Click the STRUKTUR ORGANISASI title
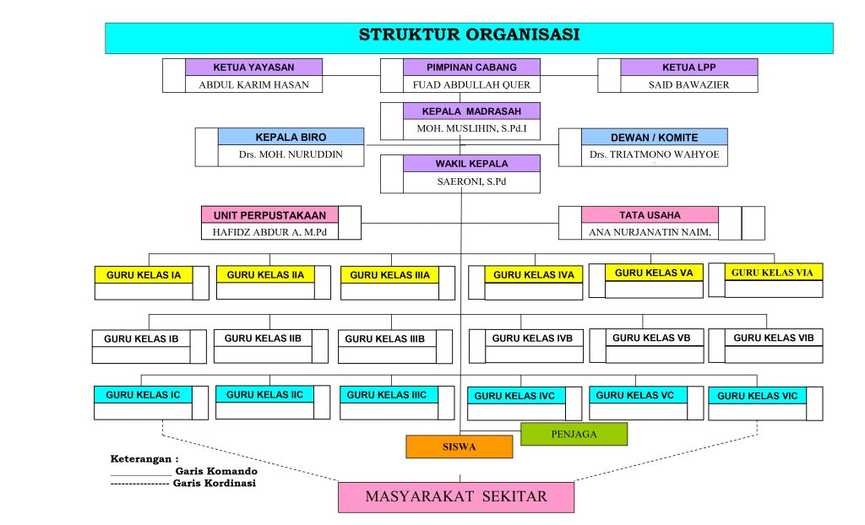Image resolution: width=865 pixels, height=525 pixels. (x=469, y=35)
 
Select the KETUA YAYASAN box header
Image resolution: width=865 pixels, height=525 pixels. (x=253, y=68)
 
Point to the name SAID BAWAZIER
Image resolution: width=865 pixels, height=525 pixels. (x=688, y=84)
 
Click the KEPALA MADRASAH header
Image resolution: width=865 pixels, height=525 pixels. (x=471, y=111)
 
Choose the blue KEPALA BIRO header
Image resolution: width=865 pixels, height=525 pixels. (x=291, y=137)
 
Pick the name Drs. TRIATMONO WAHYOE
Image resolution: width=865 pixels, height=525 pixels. (x=654, y=155)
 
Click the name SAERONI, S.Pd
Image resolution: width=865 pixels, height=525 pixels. (x=471, y=181)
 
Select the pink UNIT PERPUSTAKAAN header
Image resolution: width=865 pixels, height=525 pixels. (x=269, y=215)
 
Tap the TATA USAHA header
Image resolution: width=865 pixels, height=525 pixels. (x=650, y=215)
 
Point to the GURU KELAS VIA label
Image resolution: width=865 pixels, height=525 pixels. (x=774, y=272)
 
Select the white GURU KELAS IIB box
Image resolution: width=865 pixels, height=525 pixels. (x=263, y=338)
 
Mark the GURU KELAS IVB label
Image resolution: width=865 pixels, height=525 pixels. (x=532, y=338)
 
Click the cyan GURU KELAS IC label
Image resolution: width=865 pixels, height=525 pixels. (x=143, y=394)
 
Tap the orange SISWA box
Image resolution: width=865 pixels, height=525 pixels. (x=459, y=447)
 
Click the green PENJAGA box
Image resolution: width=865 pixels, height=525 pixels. (x=574, y=434)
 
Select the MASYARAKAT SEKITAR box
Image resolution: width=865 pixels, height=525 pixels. (x=456, y=496)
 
